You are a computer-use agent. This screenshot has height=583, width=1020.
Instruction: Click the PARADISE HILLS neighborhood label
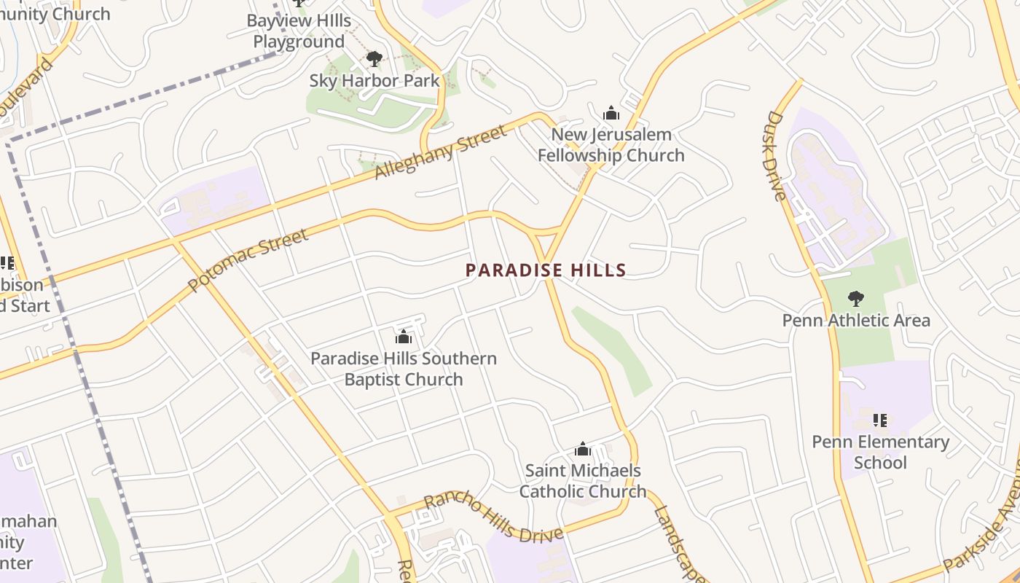pos(546,270)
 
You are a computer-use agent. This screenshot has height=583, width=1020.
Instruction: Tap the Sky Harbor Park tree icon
pos(374,59)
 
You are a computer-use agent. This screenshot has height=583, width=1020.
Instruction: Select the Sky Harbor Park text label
pos(374,80)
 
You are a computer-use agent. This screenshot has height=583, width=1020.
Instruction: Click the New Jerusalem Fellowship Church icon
pos(611,113)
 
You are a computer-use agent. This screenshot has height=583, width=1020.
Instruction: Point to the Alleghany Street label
pos(440,153)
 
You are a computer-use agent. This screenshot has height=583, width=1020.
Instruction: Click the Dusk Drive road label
pos(777,155)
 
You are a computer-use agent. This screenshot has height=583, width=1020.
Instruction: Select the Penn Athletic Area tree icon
pos(855,298)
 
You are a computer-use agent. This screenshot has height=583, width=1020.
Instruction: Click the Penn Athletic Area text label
pos(855,320)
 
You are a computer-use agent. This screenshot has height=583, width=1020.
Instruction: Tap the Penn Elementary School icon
pos(880,420)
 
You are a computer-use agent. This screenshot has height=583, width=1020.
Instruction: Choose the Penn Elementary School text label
pos(880,452)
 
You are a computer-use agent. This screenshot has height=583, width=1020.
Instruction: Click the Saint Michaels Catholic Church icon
pos(582,449)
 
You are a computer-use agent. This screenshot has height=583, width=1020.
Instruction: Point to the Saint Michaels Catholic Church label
pos(582,481)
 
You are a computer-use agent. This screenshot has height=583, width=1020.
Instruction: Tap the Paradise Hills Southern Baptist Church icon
pos(403,337)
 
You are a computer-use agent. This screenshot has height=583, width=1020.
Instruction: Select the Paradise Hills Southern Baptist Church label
pos(403,369)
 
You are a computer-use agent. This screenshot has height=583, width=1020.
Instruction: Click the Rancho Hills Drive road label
pos(493,517)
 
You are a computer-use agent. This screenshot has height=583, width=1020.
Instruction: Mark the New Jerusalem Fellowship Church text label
pos(611,145)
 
